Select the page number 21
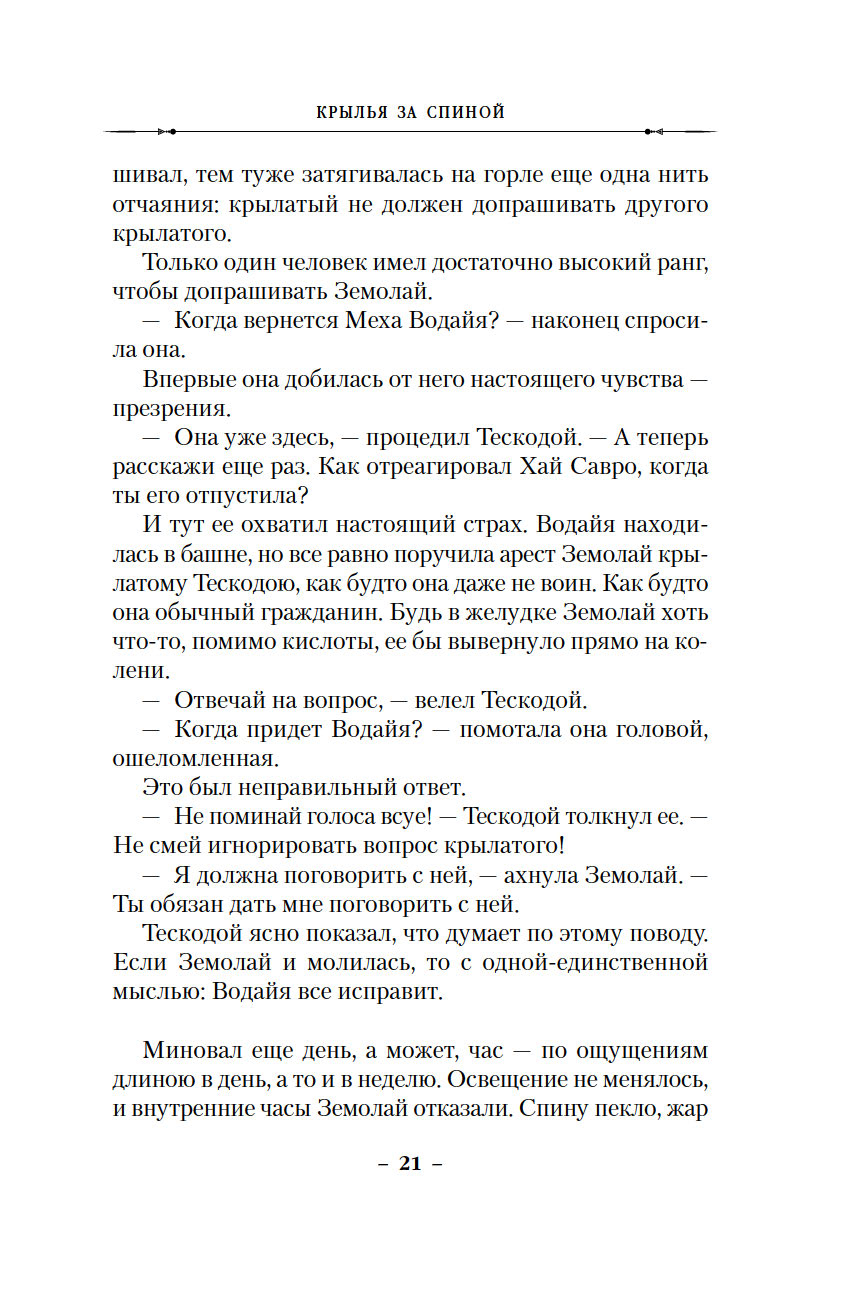tap(411, 1163)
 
